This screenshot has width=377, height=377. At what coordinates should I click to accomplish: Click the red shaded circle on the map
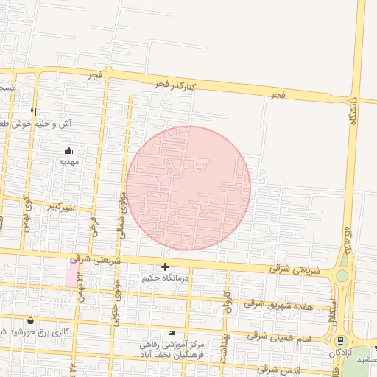click(x=188, y=188)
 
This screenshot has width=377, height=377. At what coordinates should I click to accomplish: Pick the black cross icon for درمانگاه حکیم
click(x=166, y=267)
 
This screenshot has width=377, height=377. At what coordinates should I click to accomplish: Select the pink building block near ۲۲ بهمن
click(x=71, y=277)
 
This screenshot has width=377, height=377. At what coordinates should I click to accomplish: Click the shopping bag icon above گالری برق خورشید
click(x=30, y=320)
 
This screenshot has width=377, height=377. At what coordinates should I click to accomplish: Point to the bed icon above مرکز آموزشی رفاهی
click(x=172, y=333)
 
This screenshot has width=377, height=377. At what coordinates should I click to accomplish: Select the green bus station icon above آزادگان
click(x=340, y=342)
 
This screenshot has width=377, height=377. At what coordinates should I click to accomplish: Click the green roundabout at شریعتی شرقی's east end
click(x=342, y=277)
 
